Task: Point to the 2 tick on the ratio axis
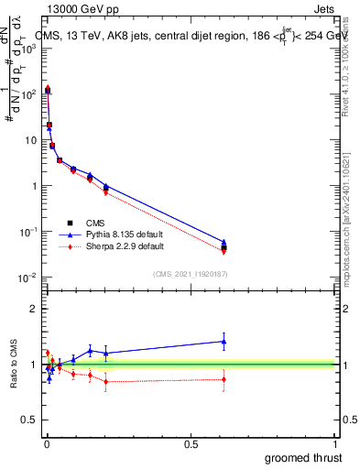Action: (x=34, y=309)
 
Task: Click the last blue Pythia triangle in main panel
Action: (x=224, y=242)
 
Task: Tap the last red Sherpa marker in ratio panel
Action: (x=224, y=379)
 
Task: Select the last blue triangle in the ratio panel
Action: (x=224, y=341)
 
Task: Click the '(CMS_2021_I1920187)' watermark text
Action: (x=191, y=272)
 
